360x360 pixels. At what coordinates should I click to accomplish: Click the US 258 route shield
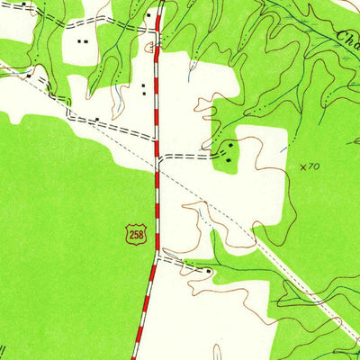[x=135, y=235]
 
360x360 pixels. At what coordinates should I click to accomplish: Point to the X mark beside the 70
[x=302, y=166]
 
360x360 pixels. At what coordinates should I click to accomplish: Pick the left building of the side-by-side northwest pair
[x=79, y=40]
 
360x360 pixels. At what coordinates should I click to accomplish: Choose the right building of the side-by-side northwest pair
[x=86, y=40]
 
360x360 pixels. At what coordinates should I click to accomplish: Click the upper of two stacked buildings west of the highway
[x=143, y=85]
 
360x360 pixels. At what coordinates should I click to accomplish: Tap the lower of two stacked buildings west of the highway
[x=143, y=94]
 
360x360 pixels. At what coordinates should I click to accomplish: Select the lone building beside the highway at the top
[x=149, y=15]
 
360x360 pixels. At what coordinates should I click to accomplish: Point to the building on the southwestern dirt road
[x=96, y=118]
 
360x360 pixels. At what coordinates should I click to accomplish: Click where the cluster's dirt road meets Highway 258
[x=157, y=157]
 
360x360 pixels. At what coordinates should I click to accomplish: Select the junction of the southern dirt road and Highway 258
[x=156, y=255]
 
